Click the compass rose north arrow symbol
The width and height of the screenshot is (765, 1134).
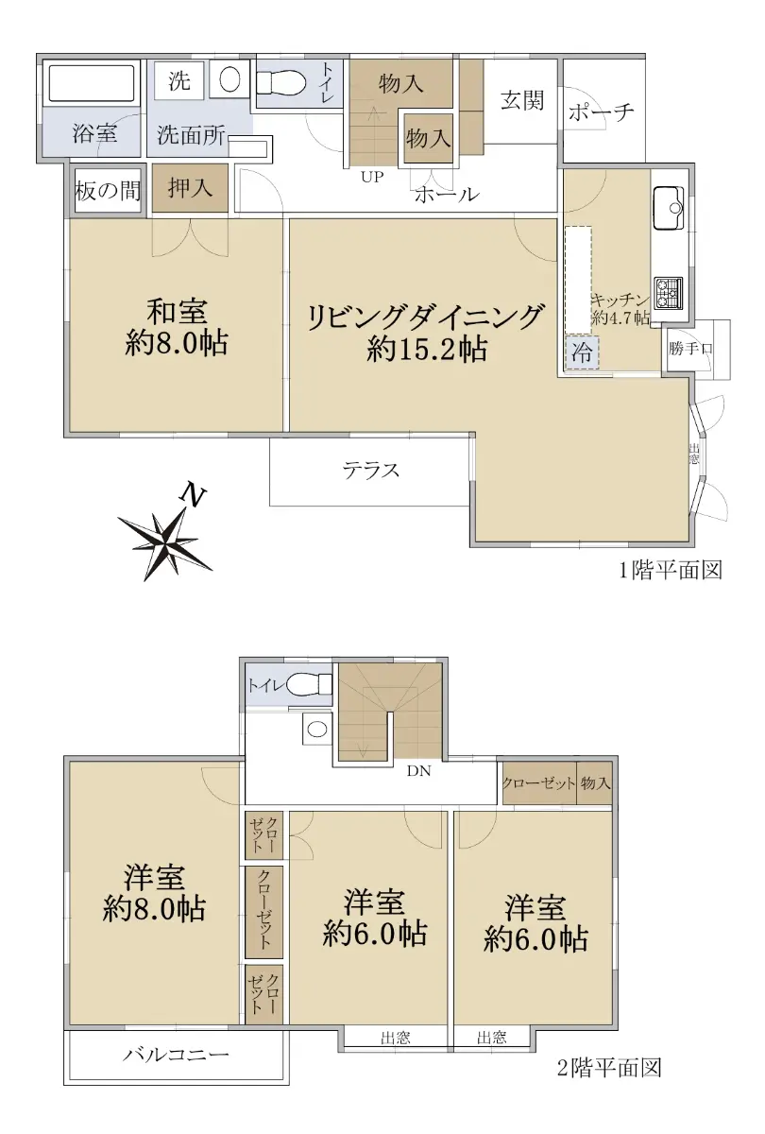click(x=165, y=537)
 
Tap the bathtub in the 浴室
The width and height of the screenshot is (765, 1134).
click(x=92, y=83)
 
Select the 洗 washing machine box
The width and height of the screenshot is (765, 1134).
click(x=179, y=80)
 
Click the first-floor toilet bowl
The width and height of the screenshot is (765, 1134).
click(x=280, y=82)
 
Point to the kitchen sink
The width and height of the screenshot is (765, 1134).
click(x=669, y=208)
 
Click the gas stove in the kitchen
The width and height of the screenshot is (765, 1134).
click(x=669, y=293)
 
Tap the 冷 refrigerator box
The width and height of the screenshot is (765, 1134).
click(x=582, y=352)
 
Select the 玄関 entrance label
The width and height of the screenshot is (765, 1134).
click(x=522, y=100)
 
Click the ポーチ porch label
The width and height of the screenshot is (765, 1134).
click(x=601, y=112)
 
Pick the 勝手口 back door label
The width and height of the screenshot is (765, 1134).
click(x=690, y=349)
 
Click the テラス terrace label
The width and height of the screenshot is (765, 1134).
click(x=371, y=471)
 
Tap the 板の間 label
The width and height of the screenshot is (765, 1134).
click(x=108, y=191)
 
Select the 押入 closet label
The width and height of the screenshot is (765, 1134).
click(x=190, y=188)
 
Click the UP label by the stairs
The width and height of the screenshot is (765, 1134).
click(x=372, y=177)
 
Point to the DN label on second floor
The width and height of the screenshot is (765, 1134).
click(x=419, y=771)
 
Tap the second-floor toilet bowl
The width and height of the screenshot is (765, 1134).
click(x=310, y=685)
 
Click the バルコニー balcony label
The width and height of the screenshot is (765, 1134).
click(x=176, y=1055)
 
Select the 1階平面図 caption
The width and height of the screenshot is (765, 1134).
click(x=671, y=570)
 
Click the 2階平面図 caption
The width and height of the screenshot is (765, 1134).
click(x=610, y=1067)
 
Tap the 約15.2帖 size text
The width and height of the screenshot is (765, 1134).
click(x=428, y=350)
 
